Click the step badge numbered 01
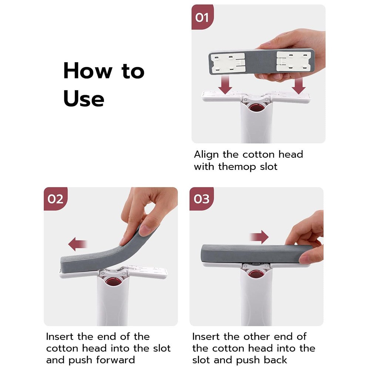(202, 17)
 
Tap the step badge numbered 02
(55, 199)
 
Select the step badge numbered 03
(202, 199)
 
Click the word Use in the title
(84, 98)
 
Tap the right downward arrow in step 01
(299, 85)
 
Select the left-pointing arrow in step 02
(78, 244)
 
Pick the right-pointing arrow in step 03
(259, 237)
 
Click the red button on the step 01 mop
(256, 108)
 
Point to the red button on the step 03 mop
(256, 274)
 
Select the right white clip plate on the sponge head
(294, 62)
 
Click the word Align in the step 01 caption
(206, 155)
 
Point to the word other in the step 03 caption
(257, 336)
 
